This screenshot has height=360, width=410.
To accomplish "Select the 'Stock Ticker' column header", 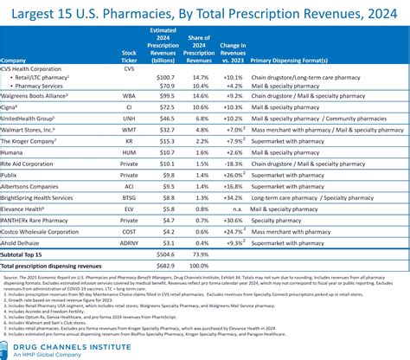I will coord(130,56).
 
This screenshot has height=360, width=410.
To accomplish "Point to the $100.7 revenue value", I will coord(163,77).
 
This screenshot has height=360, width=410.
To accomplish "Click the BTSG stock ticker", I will coord(130,196).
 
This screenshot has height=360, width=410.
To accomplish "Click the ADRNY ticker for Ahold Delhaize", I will coord(130,243).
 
